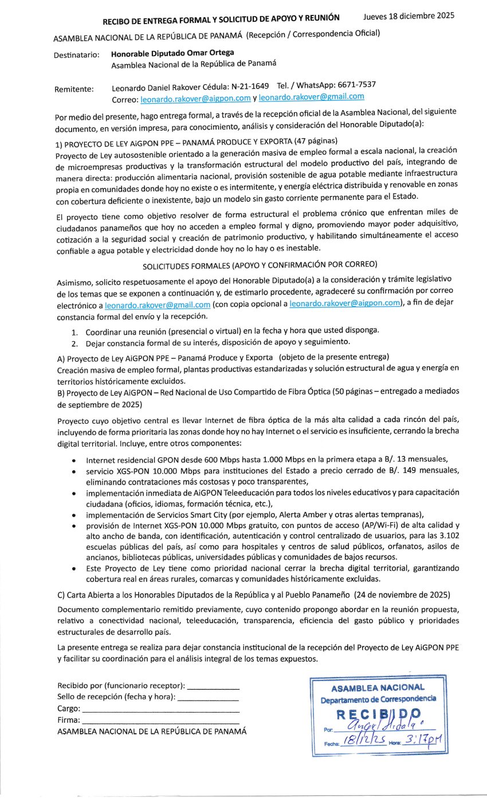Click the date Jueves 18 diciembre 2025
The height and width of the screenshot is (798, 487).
click(409, 16)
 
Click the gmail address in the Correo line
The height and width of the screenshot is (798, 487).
click(311, 97)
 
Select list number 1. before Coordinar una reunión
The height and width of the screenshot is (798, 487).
click(74, 332)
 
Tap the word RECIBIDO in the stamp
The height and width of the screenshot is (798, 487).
click(378, 715)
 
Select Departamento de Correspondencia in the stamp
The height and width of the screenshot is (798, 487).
click(378, 699)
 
